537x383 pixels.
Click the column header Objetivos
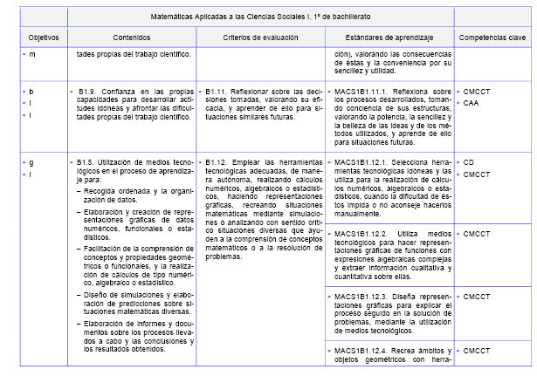point(44,38)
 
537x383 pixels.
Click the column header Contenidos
point(131,38)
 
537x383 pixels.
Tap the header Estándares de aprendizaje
point(389,38)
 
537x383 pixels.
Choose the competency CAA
point(472,102)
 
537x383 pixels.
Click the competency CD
point(469,162)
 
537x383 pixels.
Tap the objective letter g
point(32,162)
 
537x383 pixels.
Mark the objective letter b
point(32,90)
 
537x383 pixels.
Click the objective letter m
point(33,54)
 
